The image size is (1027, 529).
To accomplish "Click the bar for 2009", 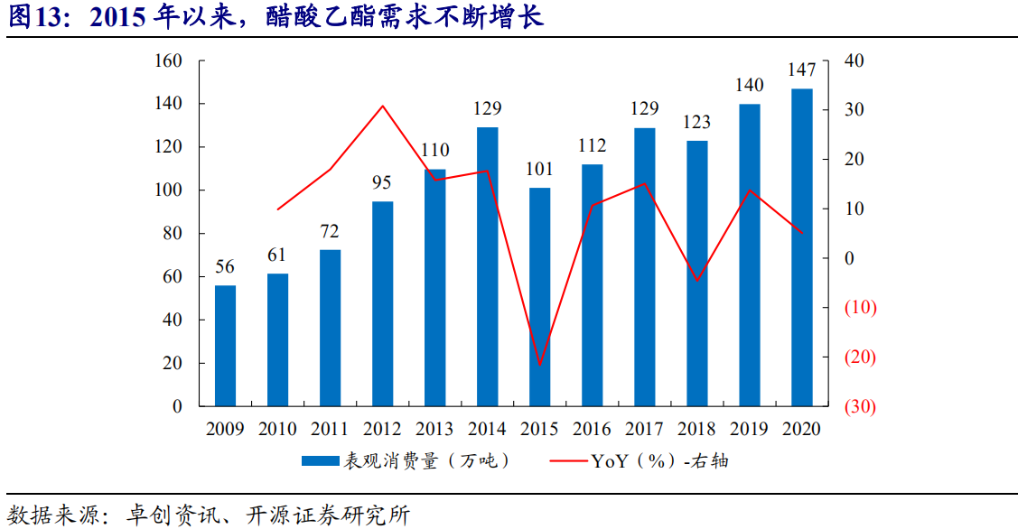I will (225, 346).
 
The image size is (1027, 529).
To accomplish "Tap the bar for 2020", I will (802, 247).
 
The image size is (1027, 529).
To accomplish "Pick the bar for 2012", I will (382, 303).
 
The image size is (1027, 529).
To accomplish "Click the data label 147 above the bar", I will (802, 70).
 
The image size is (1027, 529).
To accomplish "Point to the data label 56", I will (225, 267).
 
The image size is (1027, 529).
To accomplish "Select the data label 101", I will (539, 169).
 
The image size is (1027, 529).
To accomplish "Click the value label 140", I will (750, 86).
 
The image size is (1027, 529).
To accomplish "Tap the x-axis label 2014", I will (487, 429).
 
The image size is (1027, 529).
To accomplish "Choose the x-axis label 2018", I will (697, 429).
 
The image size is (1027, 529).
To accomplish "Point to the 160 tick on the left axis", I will (170, 61).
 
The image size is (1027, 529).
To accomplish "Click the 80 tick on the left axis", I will (173, 234).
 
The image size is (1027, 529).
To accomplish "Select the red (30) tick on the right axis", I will (859, 407).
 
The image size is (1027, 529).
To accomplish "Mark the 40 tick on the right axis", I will (854, 61).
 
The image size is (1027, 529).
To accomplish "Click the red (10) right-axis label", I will (859, 308).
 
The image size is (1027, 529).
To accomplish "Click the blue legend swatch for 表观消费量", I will (319, 462).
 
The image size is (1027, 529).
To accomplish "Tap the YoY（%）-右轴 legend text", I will (659, 461).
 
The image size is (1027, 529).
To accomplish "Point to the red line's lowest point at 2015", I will (539, 366).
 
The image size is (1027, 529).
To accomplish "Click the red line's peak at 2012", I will (382, 106).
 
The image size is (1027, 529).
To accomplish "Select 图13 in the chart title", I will (33, 17).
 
